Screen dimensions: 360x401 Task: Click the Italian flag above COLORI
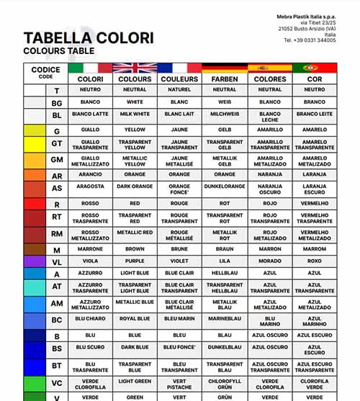[x=90, y=68]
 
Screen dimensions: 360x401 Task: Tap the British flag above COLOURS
[x=135, y=68]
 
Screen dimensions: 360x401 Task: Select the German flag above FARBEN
[x=225, y=68]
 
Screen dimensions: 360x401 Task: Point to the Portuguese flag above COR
[x=315, y=68]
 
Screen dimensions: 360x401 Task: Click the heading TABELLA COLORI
[x=88, y=38]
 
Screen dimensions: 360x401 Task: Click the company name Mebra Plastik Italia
[x=306, y=17]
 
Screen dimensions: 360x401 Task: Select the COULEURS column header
[x=179, y=78]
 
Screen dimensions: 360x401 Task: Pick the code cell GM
[x=57, y=159]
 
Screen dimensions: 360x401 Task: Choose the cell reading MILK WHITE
[x=135, y=114]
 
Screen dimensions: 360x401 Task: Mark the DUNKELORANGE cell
[x=225, y=186]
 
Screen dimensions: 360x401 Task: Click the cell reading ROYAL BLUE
[x=135, y=319]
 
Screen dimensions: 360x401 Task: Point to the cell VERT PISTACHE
[x=179, y=384]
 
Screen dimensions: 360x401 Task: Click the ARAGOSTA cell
[x=90, y=186]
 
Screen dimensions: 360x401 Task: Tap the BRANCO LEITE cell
[x=315, y=114]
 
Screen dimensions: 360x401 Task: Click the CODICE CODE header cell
[x=45, y=73]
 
